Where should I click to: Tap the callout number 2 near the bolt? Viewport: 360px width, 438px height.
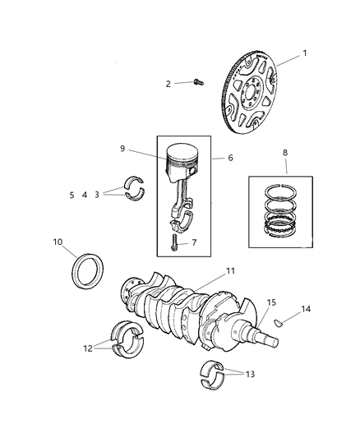point(168,83)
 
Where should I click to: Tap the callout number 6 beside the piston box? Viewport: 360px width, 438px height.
point(230,158)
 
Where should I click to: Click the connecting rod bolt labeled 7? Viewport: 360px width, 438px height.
point(175,242)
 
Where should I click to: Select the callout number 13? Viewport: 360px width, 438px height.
point(250,374)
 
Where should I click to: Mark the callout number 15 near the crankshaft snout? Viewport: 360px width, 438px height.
point(270,302)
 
